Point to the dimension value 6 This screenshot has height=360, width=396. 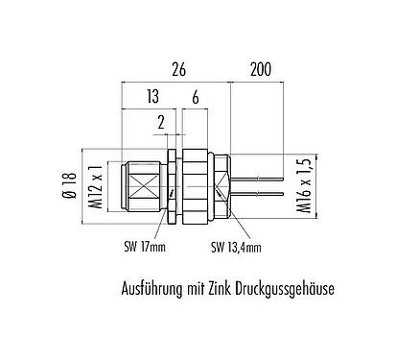click(x=195, y=96)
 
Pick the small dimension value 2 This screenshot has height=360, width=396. click(x=160, y=122)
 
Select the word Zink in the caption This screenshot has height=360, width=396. click(x=229, y=286)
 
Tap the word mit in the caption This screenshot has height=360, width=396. click(x=203, y=286)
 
